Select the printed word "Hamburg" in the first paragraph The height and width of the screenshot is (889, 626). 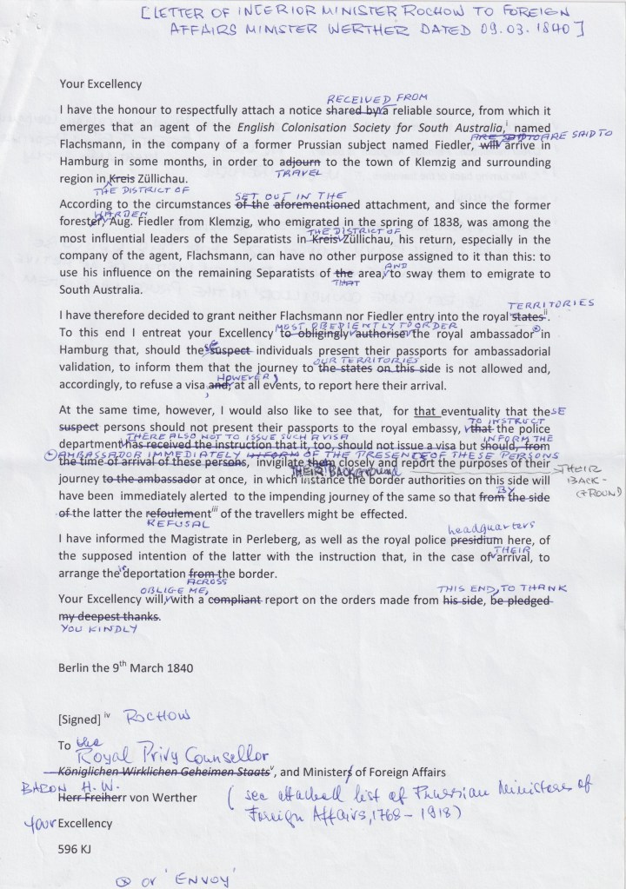[83, 162]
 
